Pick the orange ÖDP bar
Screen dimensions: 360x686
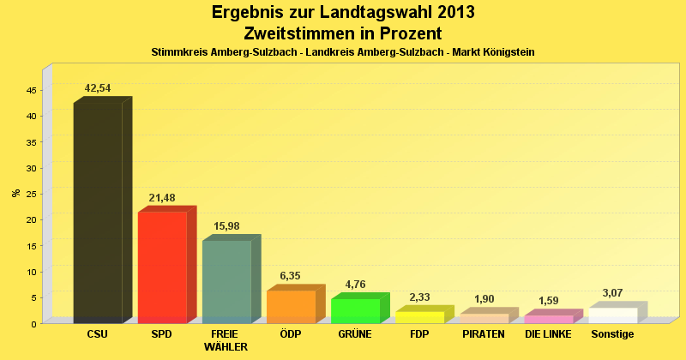291,306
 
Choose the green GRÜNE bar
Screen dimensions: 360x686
355,310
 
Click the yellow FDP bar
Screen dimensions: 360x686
419,317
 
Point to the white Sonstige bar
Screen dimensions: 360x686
612,315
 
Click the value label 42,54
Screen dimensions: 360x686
98,88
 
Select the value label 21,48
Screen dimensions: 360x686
162,198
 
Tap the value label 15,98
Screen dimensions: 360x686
226,226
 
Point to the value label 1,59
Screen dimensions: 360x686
548,301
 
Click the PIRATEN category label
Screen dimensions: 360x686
484,334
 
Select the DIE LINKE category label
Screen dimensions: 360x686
548,334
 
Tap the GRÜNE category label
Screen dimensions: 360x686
355,334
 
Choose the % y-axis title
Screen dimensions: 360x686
16,193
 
